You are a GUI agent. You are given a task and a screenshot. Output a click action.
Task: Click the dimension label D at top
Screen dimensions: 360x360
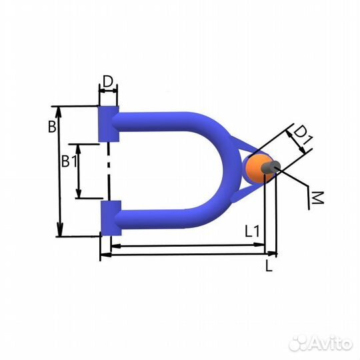[x=108, y=81]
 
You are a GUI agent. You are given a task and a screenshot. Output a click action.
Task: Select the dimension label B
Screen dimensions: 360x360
[x=52, y=126]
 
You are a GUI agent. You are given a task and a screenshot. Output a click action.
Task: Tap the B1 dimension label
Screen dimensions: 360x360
[x=69, y=161]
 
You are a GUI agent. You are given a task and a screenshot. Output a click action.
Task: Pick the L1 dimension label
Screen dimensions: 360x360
[x=252, y=231]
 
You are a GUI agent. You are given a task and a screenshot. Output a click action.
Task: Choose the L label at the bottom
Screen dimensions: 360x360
[x=269, y=265]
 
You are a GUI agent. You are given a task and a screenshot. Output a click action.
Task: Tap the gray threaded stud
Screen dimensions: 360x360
[x=271, y=167]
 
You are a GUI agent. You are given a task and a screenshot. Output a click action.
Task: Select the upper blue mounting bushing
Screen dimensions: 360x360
[x=109, y=124]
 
